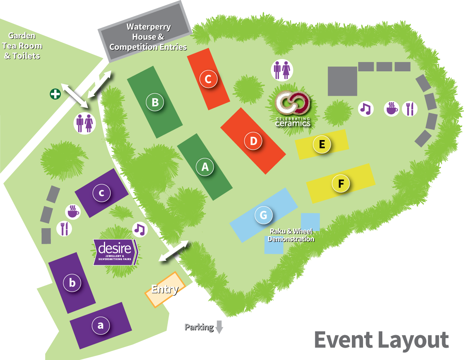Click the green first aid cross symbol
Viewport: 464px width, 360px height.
coord(55,94)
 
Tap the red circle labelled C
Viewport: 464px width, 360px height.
coord(208,79)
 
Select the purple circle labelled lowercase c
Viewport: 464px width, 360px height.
coord(101,193)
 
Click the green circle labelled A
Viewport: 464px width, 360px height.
coord(205,167)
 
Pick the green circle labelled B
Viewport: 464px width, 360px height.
coord(155,102)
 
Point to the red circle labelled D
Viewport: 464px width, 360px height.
coord(254,141)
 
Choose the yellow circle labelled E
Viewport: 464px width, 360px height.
coord(322,144)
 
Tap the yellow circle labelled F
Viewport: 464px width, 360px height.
coord(341,184)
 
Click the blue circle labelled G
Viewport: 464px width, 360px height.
coord(264,215)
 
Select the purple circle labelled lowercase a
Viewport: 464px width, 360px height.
coord(101,325)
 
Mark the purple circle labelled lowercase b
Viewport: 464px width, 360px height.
coord(72,283)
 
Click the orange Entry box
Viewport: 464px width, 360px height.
coord(164,289)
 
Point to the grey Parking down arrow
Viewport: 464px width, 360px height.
coord(219,327)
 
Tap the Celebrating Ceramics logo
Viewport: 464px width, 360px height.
coord(293,108)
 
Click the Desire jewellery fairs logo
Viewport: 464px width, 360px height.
coord(115,252)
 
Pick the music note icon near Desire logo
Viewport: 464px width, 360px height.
coord(140,229)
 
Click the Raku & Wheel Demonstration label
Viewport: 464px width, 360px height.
coord(291,235)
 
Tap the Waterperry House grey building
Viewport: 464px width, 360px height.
coord(148,36)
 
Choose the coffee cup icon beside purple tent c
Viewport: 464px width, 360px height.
coord(73,212)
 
